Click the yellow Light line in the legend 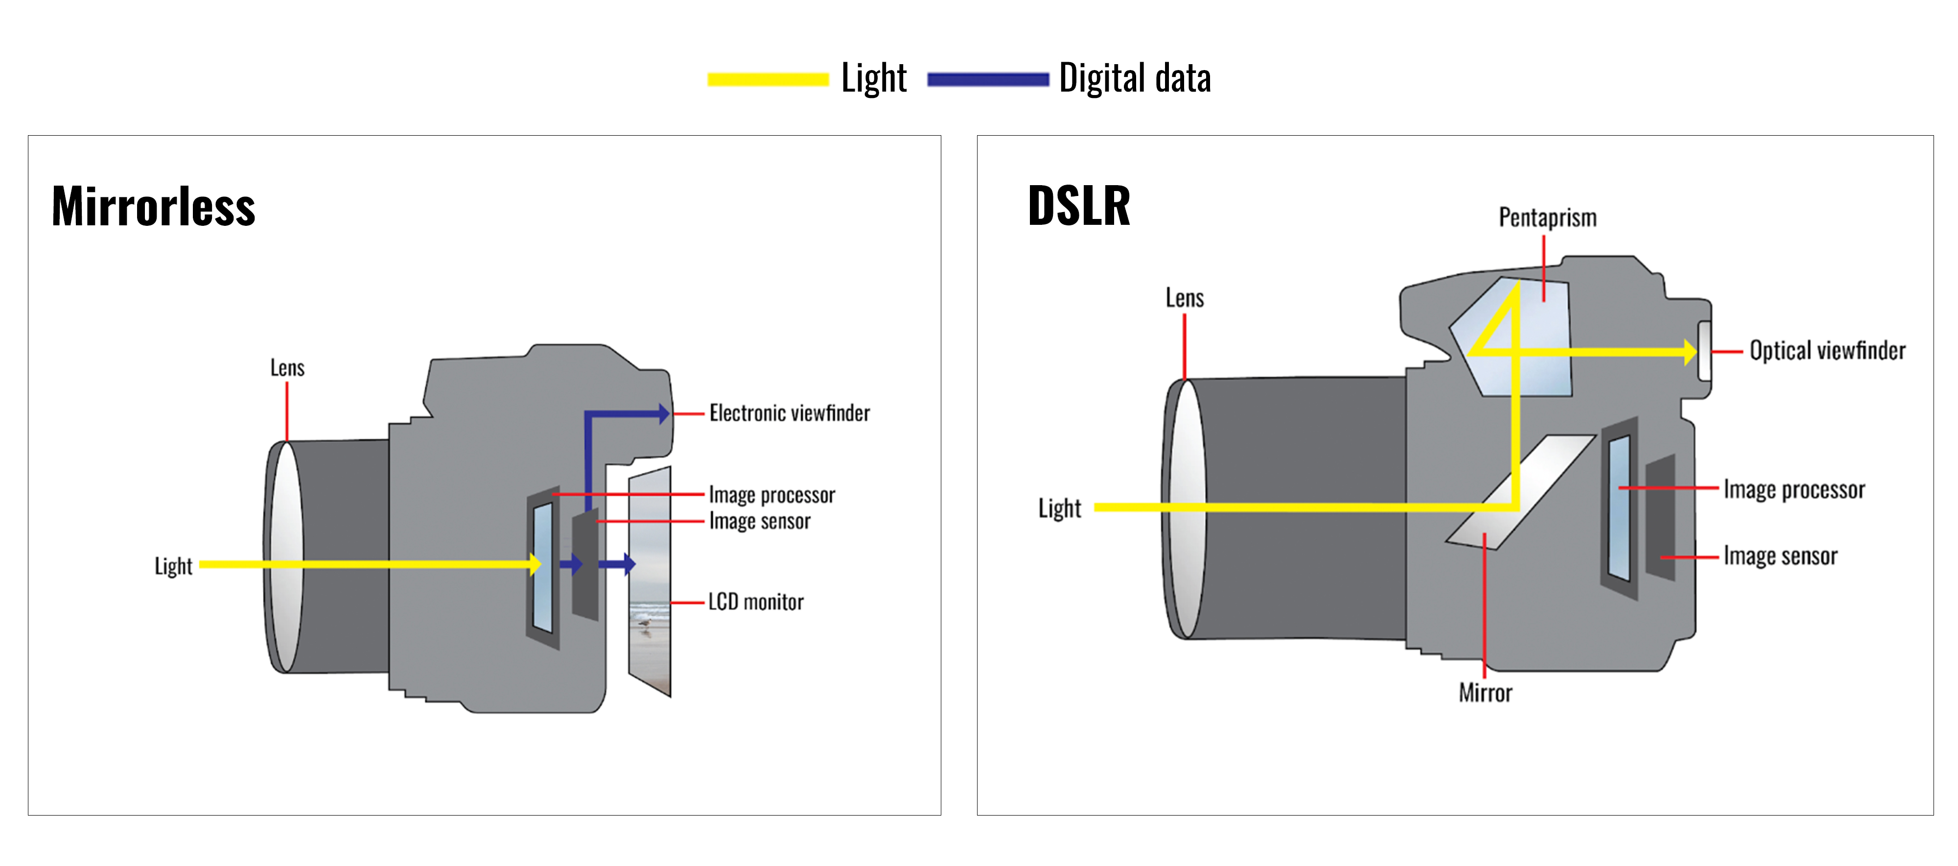768,79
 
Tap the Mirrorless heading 154,207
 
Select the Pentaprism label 1547,218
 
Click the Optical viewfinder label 1827,351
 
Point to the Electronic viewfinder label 789,413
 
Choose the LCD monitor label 755,602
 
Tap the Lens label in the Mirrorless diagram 287,368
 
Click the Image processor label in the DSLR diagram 1794,490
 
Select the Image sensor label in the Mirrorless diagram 759,522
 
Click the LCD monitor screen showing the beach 651,581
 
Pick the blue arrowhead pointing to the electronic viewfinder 664,414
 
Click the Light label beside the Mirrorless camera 173,566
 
